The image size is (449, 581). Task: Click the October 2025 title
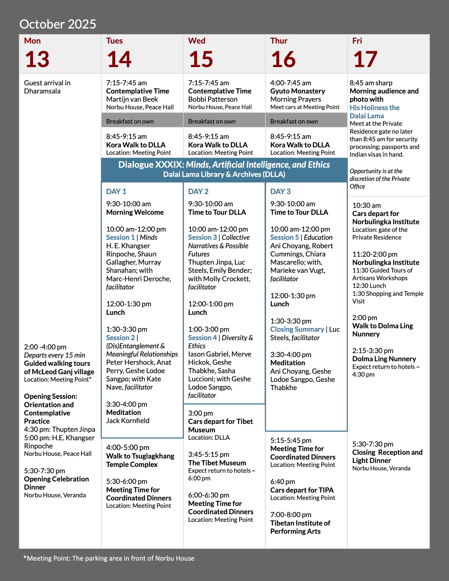click(x=58, y=24)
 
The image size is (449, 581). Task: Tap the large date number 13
click(x=37, y=59)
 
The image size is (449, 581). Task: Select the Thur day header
click(x=278, y=41)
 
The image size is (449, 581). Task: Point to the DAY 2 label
click(x=198, y=191)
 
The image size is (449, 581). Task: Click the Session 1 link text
click(x=120, y=237)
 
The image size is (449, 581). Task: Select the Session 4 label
click(x=202, y=338)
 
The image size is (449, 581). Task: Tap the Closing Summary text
click(x=297, y=329)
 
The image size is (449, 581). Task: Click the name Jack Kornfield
click(x=128, y=421)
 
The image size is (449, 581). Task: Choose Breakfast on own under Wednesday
click(x=212, y=121)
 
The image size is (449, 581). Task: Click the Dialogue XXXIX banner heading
click(x=224, y=165)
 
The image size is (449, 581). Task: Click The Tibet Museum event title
click(x=217, y=463)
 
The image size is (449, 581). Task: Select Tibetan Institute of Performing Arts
click(x=300, y=527)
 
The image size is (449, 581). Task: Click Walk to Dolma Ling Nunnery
click(x=382, y=330)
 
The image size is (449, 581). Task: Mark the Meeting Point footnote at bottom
click(x=109, y=558)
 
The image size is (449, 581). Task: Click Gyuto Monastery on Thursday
click(x=297, y=91)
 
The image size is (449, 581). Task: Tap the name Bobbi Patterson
click(x=213, y=99)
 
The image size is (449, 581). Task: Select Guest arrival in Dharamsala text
click(x=47, y=87)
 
